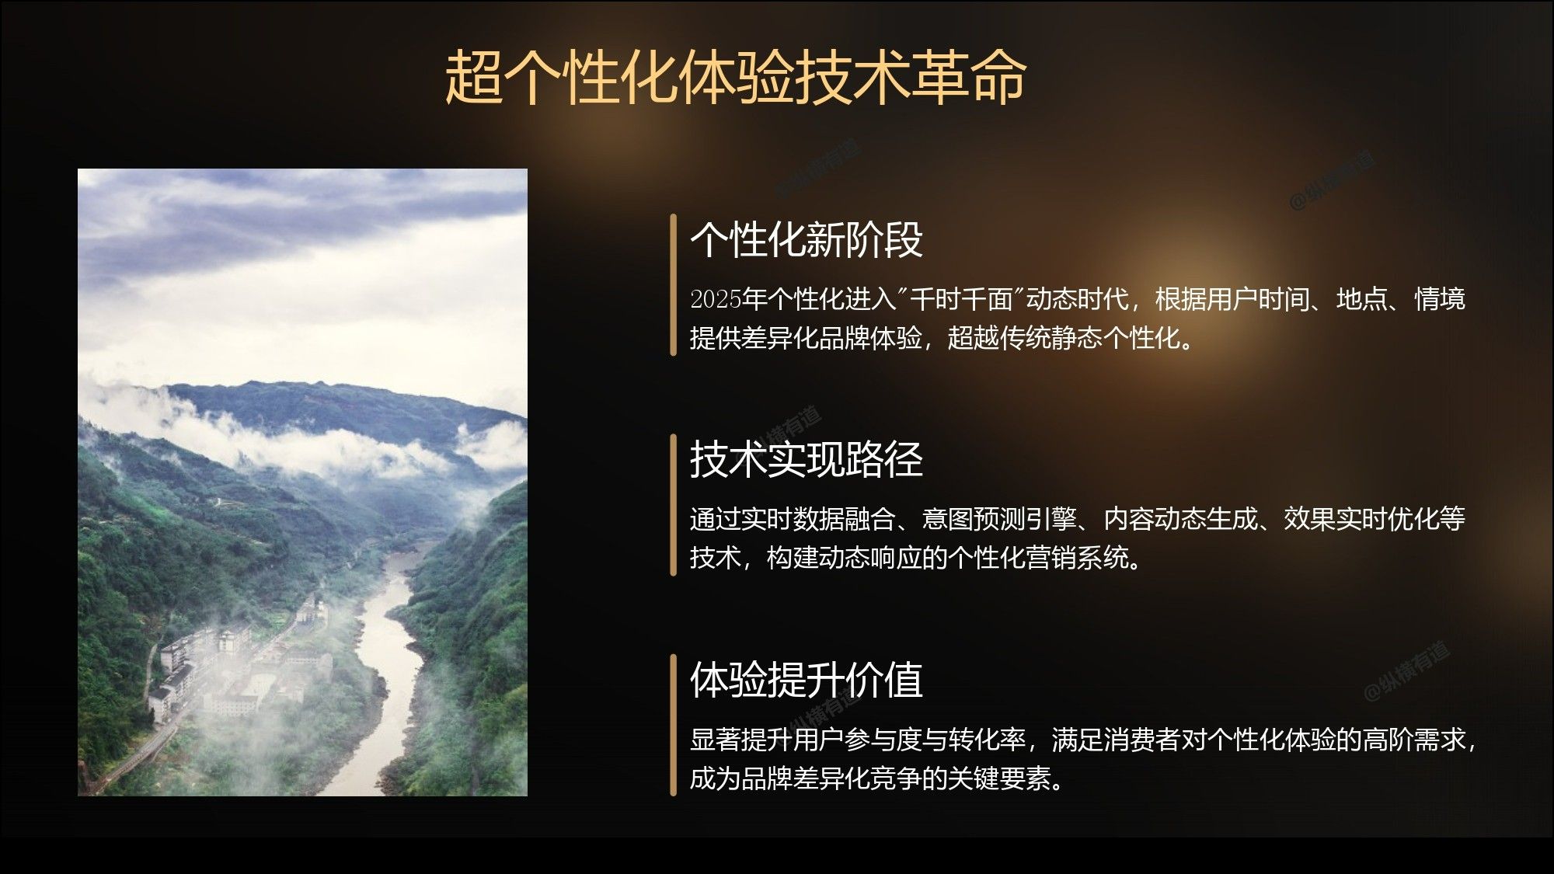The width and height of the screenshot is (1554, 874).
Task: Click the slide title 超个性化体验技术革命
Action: pyautogui.click(x=735, y=78)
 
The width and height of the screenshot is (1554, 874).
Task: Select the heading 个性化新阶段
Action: pyautogui.click(x=807, y=239)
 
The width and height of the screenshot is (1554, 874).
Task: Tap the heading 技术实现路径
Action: pyautogui.click(x=807, y=458)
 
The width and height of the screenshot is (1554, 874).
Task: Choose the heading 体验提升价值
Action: pyautogui.click(x=807, y=679)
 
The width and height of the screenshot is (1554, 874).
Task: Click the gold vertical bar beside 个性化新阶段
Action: pyautogui.click(x=674, y=284)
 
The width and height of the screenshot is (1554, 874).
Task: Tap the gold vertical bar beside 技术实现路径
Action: pyautogui.click(x=674, y=504)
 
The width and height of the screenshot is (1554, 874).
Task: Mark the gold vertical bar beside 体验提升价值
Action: pyautogui.click(x=674, y=725)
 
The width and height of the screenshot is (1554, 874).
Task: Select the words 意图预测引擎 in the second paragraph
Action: pyautogui.click(x=999, y=519)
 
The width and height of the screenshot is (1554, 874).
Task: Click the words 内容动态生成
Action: pyautogui.click(x=1180, y=519)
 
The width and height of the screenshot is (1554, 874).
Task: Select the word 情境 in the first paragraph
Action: pyautogui.click(x=1440, y=299)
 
